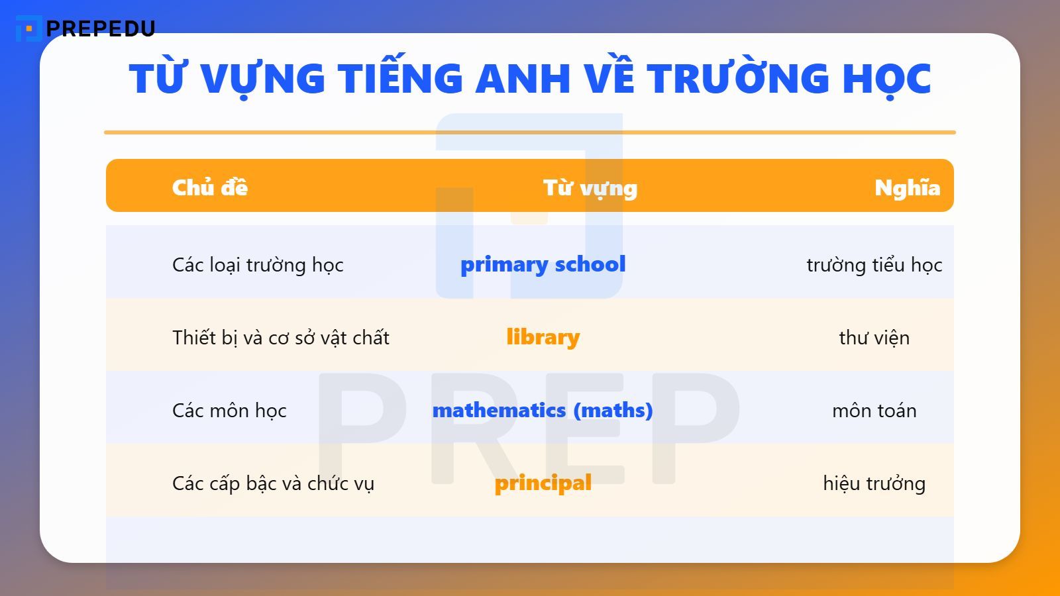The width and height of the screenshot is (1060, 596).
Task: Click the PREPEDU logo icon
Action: coord(28,28)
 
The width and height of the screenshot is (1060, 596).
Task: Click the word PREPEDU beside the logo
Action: coord(101,28)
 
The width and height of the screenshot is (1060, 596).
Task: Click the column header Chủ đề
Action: coord(210,187)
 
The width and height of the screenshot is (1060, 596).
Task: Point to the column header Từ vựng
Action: coord(590,188)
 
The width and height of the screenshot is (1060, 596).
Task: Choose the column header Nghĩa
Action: coord(907,187)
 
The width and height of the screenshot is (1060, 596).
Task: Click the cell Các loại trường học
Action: coord(258,265)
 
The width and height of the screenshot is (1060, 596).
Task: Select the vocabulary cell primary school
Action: coord(543,264)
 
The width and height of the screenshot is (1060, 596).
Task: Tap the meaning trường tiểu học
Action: coord(874,265)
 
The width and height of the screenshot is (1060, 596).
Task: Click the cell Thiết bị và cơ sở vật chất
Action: coord(281,338)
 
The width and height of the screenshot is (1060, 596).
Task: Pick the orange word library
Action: coord(543,337)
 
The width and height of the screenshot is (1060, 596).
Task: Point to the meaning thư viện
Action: coord(874,338)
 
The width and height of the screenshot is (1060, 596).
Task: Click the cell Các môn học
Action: coord(229,411)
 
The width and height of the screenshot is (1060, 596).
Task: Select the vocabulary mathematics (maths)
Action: coord(543,411)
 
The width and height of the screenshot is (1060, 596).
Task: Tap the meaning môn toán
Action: coord(874,411)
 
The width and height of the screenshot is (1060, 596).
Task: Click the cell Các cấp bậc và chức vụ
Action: coord(273,483)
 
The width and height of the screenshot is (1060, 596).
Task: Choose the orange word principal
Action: coord(543,483)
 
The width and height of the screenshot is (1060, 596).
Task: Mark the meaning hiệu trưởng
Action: coord(874,483)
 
